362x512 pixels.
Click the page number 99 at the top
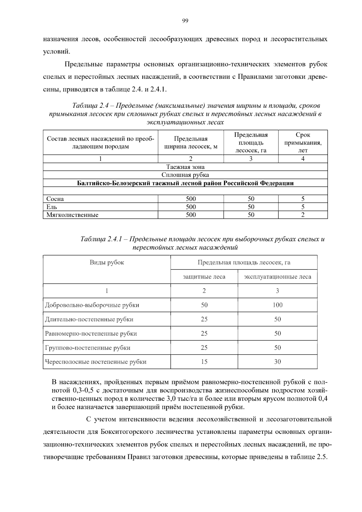[x=185, y=21]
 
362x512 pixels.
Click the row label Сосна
[x=55, y=199]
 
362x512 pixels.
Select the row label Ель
[x=52, y=207]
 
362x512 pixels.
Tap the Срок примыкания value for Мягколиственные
[x=303, y=215]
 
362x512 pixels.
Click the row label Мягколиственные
[x=72, y=215]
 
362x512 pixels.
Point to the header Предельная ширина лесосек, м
[x=191, y=143]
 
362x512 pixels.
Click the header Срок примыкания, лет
[x=303, y=142]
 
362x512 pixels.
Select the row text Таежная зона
[x=185, y=167]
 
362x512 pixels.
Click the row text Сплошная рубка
[x=185, y=175]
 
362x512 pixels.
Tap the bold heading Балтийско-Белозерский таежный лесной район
[x=185, y=183]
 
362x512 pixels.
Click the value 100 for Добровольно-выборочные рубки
[x=277, y=305]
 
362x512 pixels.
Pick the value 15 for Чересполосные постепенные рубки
[x=204, y=362]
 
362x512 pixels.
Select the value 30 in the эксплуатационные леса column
[x=277, y=362]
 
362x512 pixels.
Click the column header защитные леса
[x=204, y=277]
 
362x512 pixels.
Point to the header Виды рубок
[x=107, y=262]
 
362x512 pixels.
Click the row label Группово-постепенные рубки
[x=88, y=348]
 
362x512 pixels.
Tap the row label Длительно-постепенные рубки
[x=89, y=319]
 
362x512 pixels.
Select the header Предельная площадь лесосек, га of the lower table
[x=244, y=262]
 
